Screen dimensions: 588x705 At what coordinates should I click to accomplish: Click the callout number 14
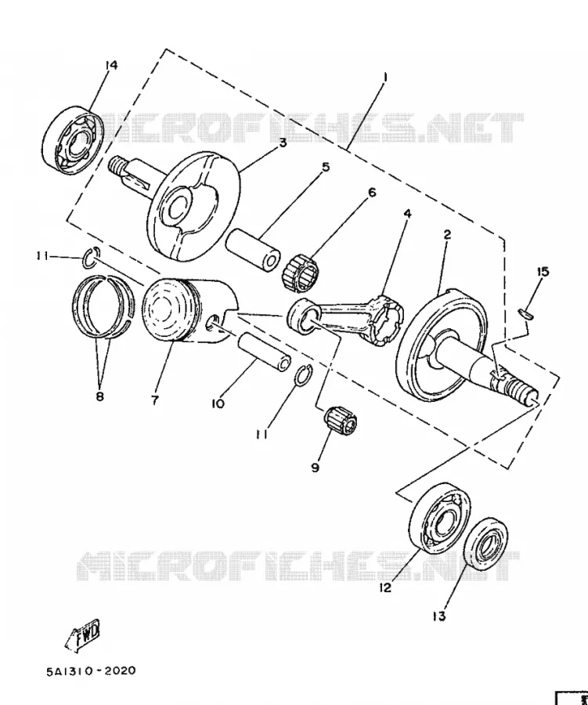[111, 65]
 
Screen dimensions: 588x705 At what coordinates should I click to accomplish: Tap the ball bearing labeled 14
[73, 140]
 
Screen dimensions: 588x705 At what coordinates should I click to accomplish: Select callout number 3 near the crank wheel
[283, 143]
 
